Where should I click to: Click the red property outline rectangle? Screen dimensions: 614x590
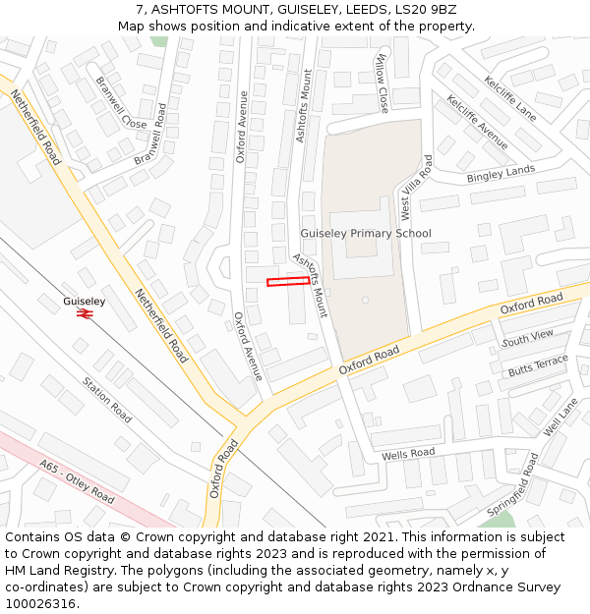pos(288,282)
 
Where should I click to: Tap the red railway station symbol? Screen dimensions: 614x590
pos(85,313)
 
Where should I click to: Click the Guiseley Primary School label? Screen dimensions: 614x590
pos(365,234)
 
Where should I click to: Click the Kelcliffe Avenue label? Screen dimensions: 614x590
pos(477,122)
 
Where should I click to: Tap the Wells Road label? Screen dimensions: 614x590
pos(408,454)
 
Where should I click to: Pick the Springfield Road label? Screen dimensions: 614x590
pos(513,484)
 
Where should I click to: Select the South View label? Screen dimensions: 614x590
pos(527,338)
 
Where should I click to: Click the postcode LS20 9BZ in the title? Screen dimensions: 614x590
pos(416,10)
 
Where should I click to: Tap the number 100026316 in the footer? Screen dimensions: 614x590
pos(40,604)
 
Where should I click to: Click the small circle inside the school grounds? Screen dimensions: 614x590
pos(365,300)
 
